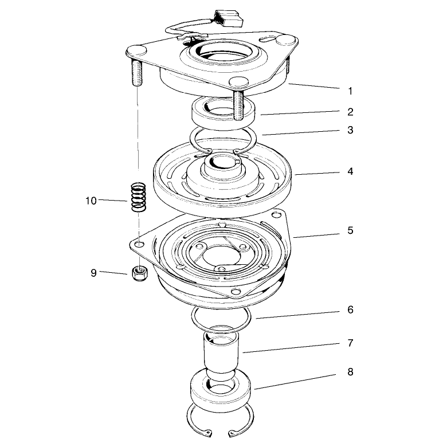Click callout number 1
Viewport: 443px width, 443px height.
[350, 91]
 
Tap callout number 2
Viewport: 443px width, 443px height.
[350, 112]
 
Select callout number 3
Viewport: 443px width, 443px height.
[350, 130]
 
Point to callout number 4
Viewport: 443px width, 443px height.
[350, 171]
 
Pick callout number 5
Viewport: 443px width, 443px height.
[350, 230]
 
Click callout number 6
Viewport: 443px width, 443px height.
[350, 310]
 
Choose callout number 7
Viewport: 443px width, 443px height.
[350, 343]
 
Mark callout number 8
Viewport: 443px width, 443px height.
[350, 372]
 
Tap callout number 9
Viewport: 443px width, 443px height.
[93, 273]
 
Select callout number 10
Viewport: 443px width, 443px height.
[91, 201]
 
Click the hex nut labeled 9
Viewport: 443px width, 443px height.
[139, 273]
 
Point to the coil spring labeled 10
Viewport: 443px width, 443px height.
[139, 197]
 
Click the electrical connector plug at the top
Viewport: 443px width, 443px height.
[229, 19]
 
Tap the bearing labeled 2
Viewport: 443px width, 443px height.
[223, 110]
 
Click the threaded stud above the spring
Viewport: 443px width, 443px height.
[137, 73]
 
